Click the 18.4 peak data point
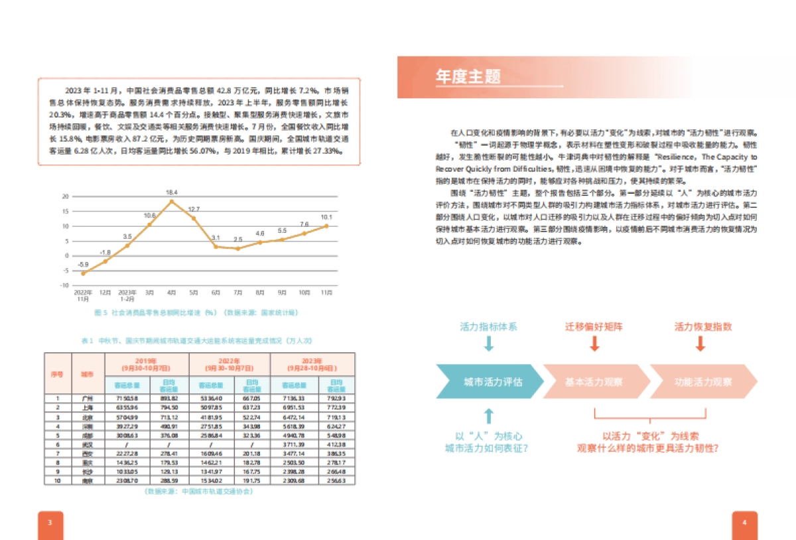tap(172, 201)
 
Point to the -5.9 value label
tap(84, 265)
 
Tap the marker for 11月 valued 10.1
tap(326, 226)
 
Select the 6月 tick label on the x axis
tap(216, 292)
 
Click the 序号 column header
tap(58, 374)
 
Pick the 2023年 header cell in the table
tap(312, 364)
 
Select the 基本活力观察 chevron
tap(594, 382)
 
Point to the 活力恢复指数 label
tap(703, 327)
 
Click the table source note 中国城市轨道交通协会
tap(198, 492)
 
